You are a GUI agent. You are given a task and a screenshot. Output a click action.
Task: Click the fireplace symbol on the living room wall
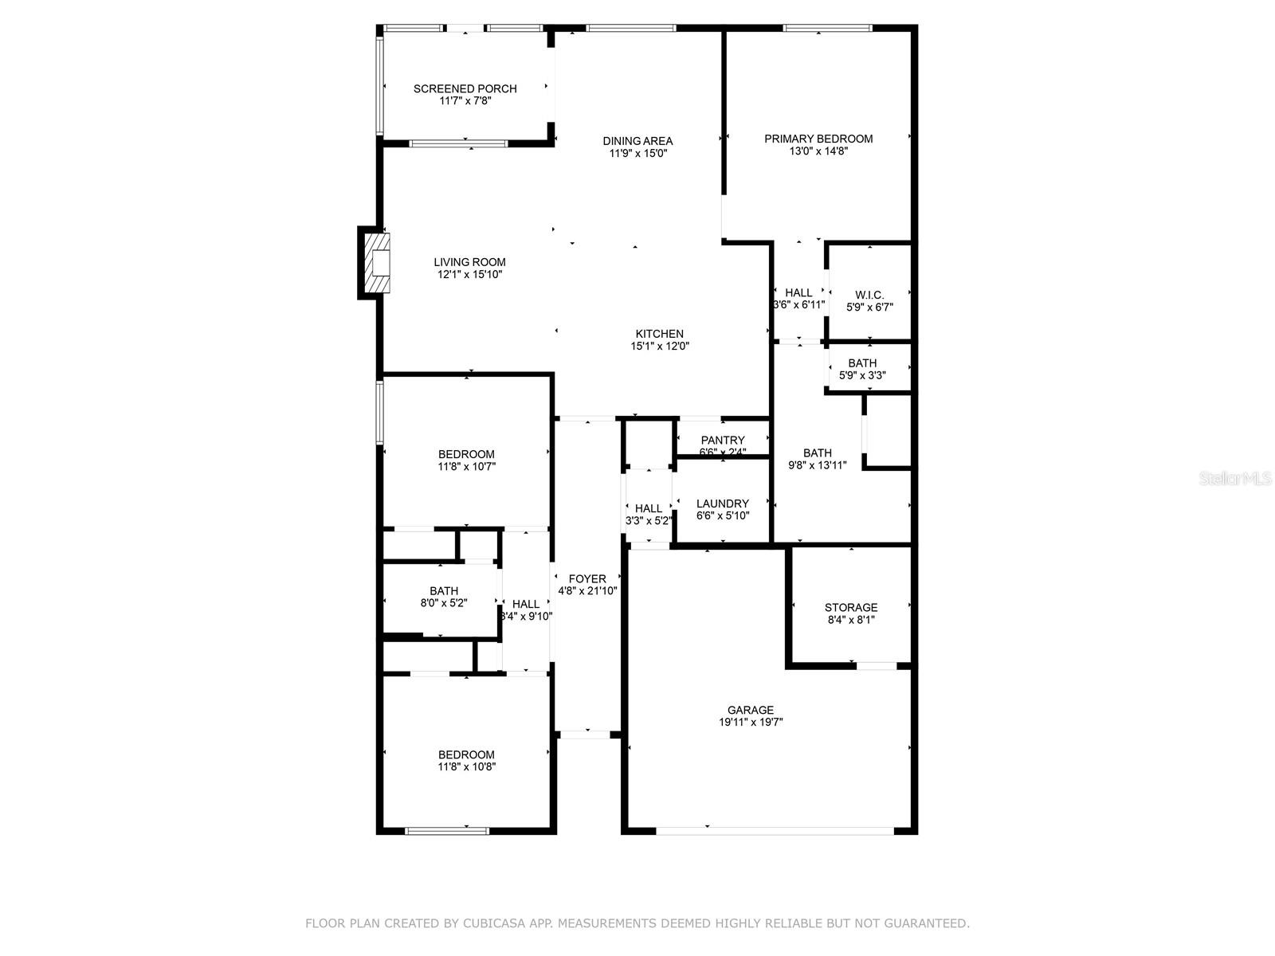click(x=374, y=263)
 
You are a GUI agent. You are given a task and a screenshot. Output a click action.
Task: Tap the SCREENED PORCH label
click(x=465, y=88)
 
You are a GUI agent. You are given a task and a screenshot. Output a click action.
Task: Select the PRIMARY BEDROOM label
click(x=818, y=139)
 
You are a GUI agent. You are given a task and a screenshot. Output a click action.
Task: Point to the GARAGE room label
click(x=751, y=710)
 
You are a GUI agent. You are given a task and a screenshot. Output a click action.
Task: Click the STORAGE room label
click(x=851, y=608)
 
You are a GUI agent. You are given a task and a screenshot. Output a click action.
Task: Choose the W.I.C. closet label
click(x=869, y=296)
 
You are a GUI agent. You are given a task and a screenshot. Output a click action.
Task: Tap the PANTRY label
click(x=723, y=441)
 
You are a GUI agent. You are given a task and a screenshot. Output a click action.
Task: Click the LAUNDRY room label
click(x=723, y=503)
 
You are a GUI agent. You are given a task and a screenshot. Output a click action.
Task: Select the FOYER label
click(x=587, y=578)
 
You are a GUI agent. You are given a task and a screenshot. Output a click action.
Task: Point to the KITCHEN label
click(x=659, y=334)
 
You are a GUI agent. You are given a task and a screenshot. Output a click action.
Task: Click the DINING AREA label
click(x=637, y=141)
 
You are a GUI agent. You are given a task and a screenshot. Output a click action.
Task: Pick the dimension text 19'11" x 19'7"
click(x=751, y=722)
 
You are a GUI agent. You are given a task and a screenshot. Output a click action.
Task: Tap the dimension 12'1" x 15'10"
click(x=469, y=275)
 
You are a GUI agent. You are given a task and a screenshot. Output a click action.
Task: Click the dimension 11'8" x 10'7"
click(x=466, y=466)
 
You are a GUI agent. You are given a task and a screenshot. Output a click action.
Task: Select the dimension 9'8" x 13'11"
click(x=818, y=465)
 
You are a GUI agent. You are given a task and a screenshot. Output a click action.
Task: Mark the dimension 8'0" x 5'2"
click(x=444, y=603)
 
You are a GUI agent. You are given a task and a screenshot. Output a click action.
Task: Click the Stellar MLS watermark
click(x=1235, y=478)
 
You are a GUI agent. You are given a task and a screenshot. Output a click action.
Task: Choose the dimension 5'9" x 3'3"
click(x=862, y=375)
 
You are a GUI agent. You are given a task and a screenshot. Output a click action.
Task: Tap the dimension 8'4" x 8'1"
click(x=851, y=620)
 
